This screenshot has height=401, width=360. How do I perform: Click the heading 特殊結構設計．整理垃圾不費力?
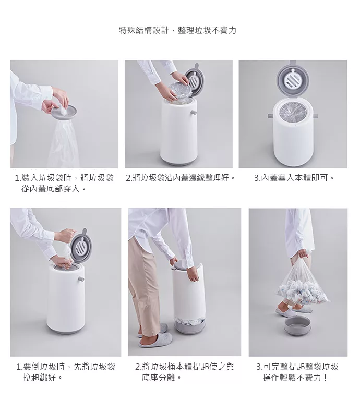(x=177, y=30)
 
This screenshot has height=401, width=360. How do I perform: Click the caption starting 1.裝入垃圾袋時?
(x=64, y=184)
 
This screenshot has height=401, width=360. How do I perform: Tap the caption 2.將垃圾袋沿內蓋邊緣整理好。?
(x=181, y=178)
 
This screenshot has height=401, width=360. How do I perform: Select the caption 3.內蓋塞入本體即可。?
(x=294, y=178)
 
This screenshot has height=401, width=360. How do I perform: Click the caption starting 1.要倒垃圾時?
(x=66, y=372)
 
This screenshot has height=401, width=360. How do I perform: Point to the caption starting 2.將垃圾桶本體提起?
(x=185, y=372)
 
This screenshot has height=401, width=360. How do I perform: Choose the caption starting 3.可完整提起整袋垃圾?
(x=297, y=372)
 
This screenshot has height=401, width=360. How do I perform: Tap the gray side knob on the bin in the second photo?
(x=194, y=112)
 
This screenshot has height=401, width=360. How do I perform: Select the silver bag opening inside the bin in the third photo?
(x=293, y=113)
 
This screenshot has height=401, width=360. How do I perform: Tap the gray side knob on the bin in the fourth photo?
(x=81, y=280)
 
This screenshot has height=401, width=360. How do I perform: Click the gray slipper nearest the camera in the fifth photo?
(x=152, y=342)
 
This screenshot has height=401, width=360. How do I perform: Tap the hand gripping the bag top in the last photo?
(x=303, y=254)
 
